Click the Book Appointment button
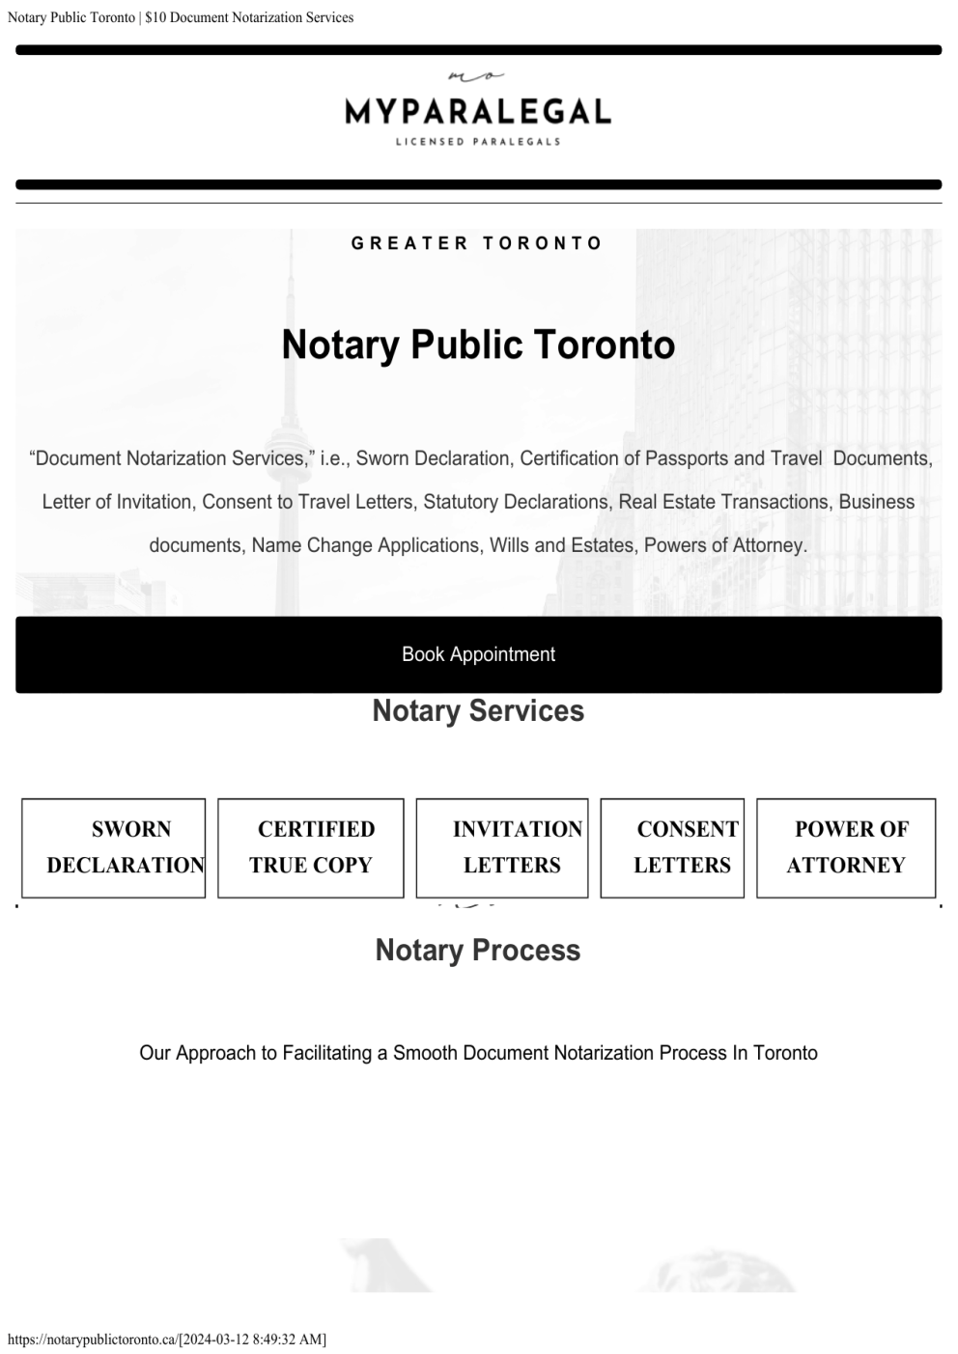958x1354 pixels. (x=478, y=654)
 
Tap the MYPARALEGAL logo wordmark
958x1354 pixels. (x=478, y=112)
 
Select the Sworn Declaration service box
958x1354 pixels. (x=114, y=847)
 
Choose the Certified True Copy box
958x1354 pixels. (x=310, y=847)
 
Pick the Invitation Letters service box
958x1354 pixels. (x=502, y=847)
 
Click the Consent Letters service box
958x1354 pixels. (x=672, y=847)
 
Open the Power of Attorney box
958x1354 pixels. (x=846, y=847)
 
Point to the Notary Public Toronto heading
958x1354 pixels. (x=478, y=345)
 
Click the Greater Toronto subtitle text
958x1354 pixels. (x=477, y=243)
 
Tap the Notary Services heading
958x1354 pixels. (x=478, y=711)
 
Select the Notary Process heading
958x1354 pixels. (x=478, y=951)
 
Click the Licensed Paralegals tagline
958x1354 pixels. (x=478, y=142)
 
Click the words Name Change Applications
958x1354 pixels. (x=366, y=545)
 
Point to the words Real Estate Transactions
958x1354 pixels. (x=723, y=502)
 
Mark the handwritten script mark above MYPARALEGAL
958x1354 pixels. (x=477, y=75)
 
